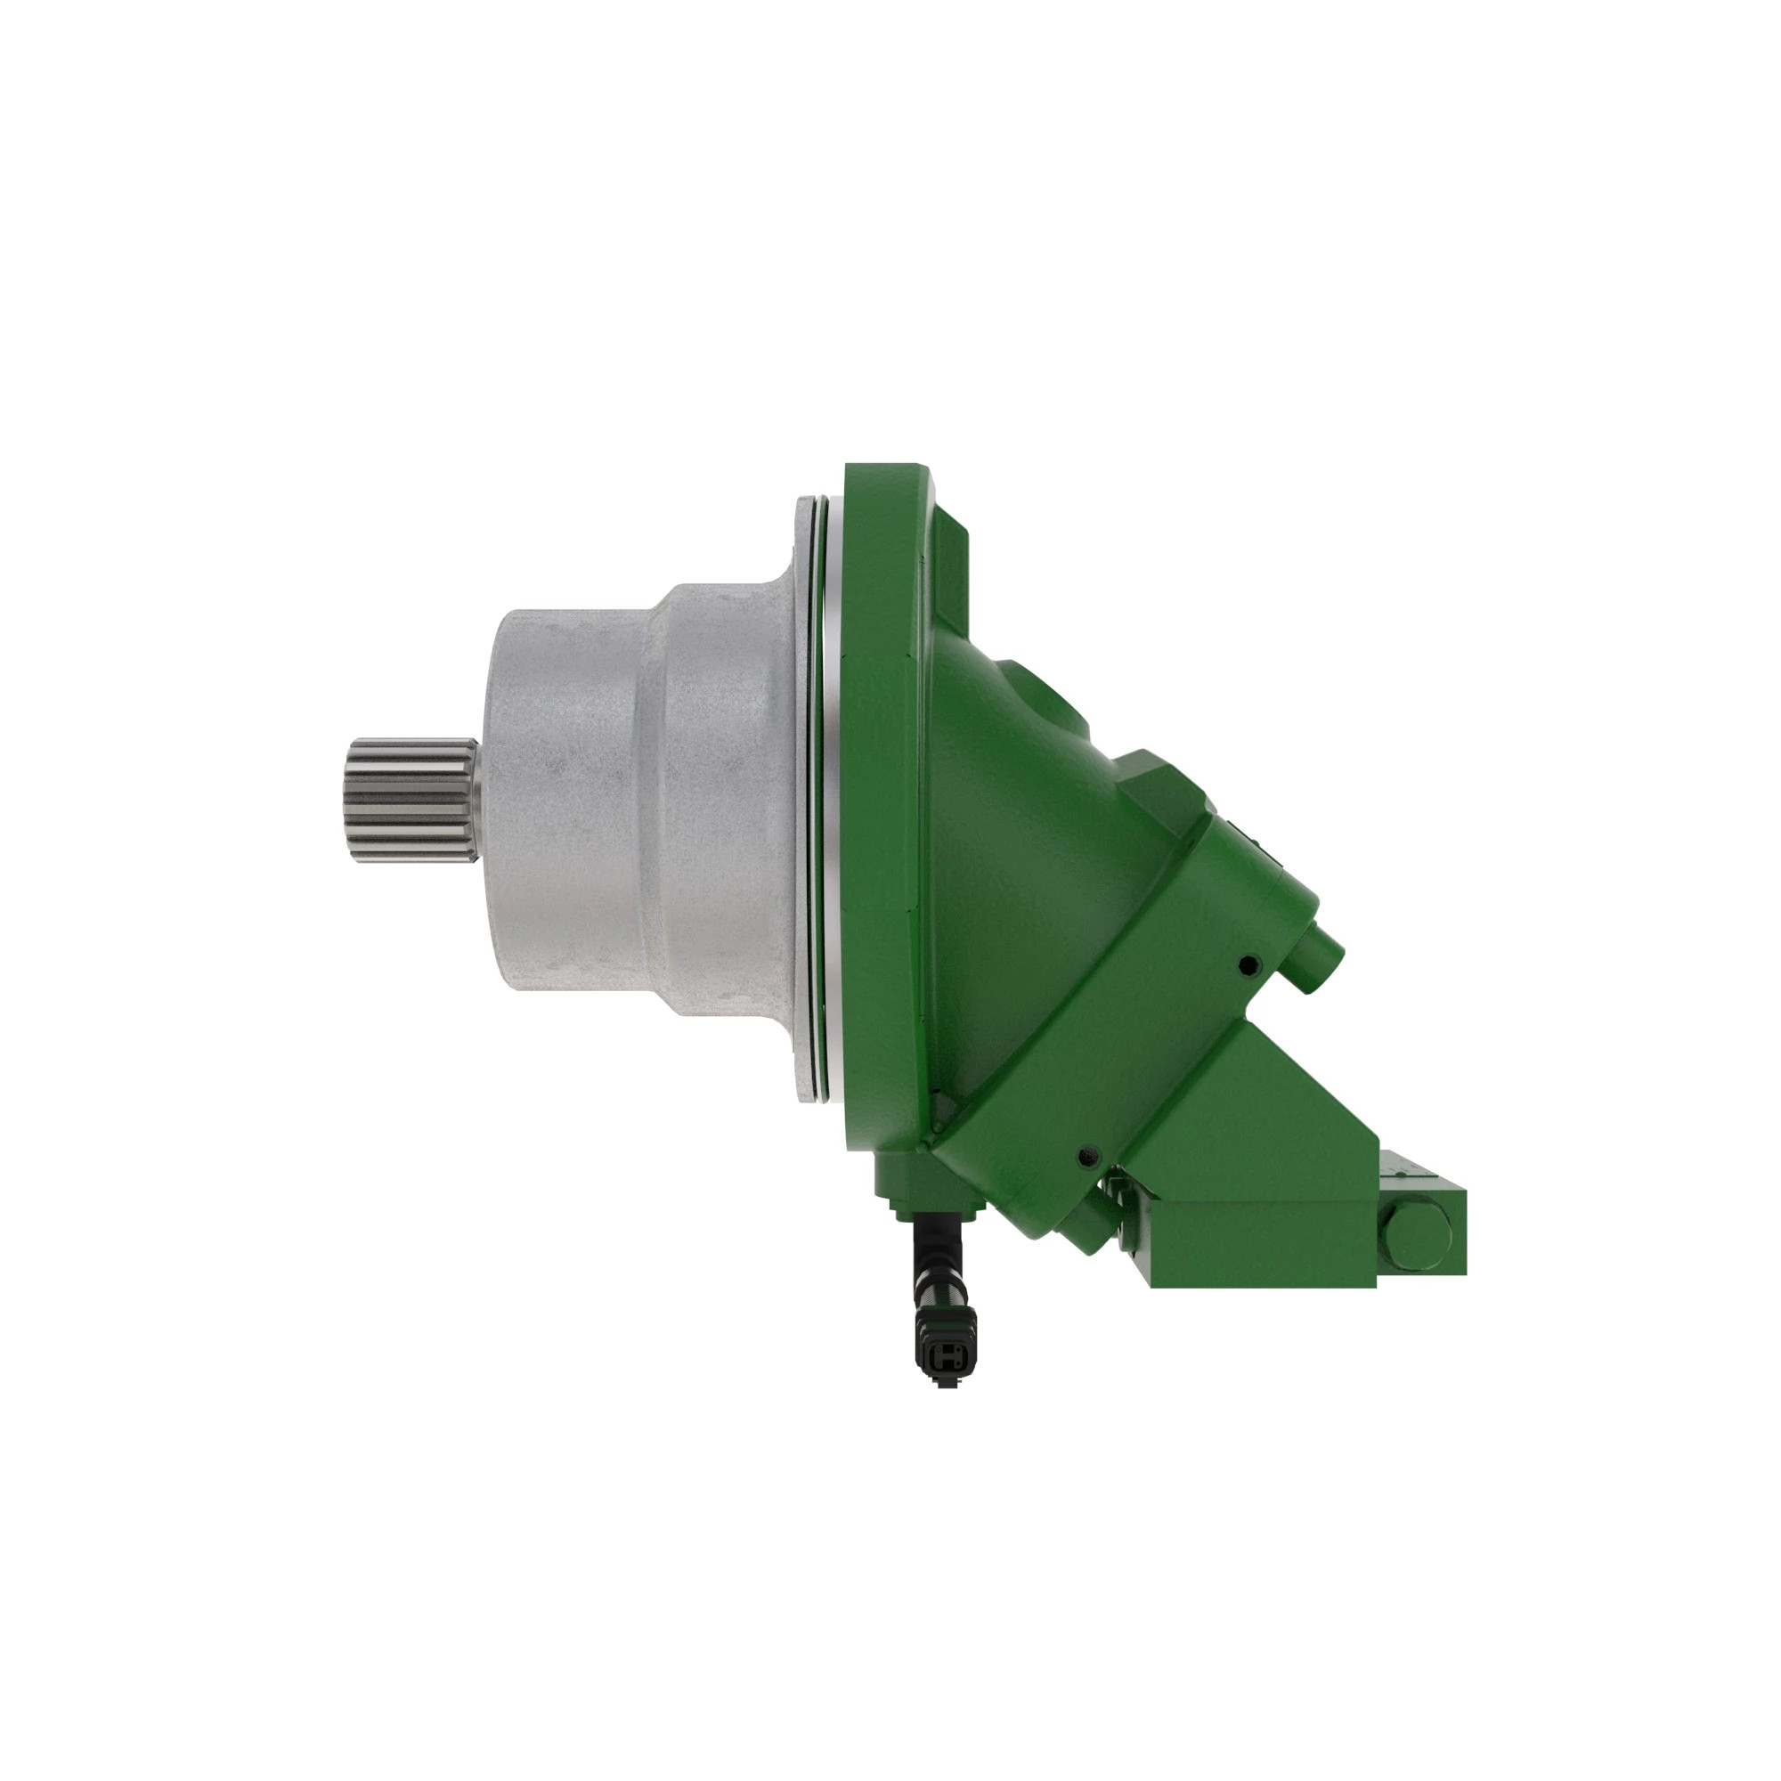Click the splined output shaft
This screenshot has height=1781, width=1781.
coord(411,801)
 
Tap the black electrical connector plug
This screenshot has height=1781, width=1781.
coord(942,1356)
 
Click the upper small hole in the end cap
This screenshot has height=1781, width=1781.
coord(1248,965)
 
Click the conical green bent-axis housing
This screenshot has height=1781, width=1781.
coord(1023,875)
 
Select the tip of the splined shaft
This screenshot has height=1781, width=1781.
coord(352,801)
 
